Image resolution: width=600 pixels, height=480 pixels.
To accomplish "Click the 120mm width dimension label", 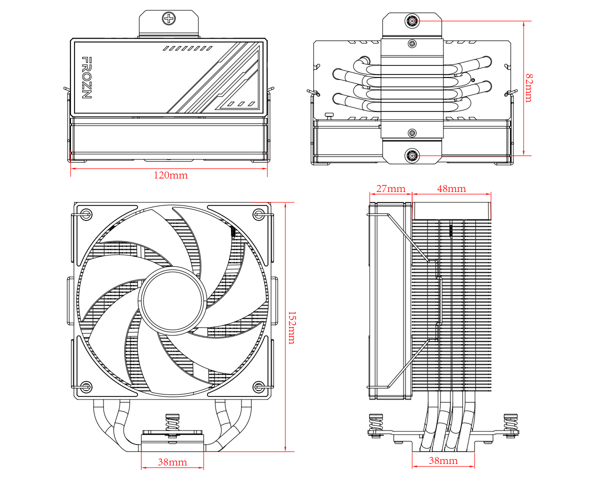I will (x=170, y=175).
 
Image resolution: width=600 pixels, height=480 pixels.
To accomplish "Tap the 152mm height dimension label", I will (x=291, y=328).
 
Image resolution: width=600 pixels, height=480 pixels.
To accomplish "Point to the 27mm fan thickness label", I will (x=390, y=188).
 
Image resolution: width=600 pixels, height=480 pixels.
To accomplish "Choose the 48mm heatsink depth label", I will (x=451, y=188).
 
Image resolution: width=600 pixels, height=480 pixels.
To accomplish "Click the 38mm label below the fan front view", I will (x=172, y=462).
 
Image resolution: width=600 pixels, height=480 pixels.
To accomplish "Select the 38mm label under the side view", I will (x=443, y=460).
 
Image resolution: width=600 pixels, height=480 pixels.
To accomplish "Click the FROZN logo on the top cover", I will (x=86, y=77).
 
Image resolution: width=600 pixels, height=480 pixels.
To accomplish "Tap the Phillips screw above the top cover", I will (x=169, y=19).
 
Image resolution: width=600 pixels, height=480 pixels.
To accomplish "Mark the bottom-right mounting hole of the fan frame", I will (x=258, y=386).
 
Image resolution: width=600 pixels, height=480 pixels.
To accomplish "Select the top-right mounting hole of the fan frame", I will (x=258, y=214).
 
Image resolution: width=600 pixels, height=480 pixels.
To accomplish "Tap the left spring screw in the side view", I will (x=375, y=424).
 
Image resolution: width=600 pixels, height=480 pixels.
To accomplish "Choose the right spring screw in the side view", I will (x=511, y=424).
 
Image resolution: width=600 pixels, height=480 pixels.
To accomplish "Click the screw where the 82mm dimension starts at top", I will (x=412, y=21).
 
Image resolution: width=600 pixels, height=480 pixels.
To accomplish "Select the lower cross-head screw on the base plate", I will (x=412, y=132).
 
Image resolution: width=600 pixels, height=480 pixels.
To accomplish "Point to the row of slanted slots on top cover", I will (x=187, y=49).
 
